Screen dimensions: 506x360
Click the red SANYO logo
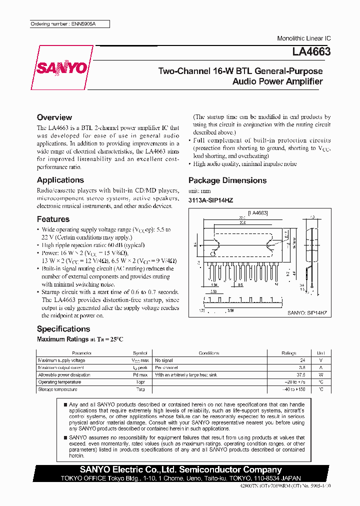pyautogui.click(x=61, y=68)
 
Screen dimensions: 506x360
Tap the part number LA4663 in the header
pyautogui.click(x=311, y=51)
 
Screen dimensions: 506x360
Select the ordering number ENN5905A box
pyautogui.click(x=68, y=24)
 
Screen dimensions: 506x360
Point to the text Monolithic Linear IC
pyautogui.click(x=303, y=38)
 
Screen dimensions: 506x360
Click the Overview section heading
pyautogui.click(x=54, y=117)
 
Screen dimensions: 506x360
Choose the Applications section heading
pyautogui.click(x=60, y=180)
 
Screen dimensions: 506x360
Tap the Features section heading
pyautogui.click(x=53, y=219)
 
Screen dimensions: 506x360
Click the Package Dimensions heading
pyautogui.click(x=227, y=180)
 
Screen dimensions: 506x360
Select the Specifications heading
pyautogui.click(x=63, y=329)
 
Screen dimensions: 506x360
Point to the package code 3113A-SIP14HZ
pyautogui.click(x=210, y=200)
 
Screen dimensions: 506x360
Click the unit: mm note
pyautogui.click(x=199, y=191)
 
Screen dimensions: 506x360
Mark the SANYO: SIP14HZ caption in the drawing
pyautogui.click(x=307, y=311)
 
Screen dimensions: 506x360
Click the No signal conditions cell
pyautogui.click(x=164, y=360)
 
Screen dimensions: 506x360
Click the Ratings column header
pyautogui.click(x=289, y=353)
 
